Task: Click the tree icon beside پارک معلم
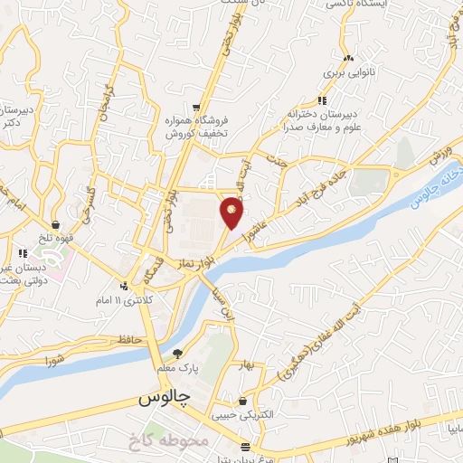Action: (176, 353)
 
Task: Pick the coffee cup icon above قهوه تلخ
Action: (56, 225)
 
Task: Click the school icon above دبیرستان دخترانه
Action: (321, 99)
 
